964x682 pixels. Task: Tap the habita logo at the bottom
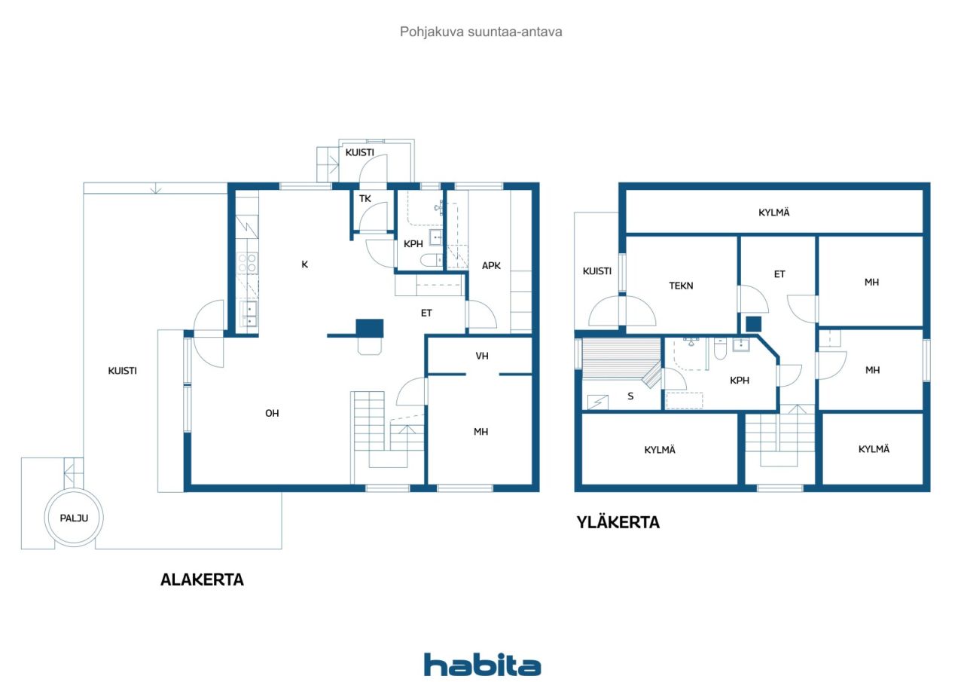pos(482,665)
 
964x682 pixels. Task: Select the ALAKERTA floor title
pos(202,580)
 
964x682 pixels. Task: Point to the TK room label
pos(365,198)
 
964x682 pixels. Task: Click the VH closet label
pos(482,356)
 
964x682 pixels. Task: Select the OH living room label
pos(272,413)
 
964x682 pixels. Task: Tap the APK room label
pos(491,265)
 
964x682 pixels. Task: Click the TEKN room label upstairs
pos(681,286)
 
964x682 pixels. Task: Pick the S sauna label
pos(630,396)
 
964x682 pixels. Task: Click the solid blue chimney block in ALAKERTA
pos(370,328)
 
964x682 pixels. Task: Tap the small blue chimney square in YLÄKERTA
pos(754,324)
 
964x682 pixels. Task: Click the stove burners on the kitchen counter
pos(247,263)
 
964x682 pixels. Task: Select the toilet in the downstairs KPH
pos(431,260)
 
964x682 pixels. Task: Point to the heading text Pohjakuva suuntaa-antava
pos(480,32)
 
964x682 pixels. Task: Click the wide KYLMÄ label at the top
pos(773,213)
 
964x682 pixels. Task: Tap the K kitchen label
pos(305,264)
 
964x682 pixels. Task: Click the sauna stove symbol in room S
pos(598,402)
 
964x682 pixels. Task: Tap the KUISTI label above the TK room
pos(360,152)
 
